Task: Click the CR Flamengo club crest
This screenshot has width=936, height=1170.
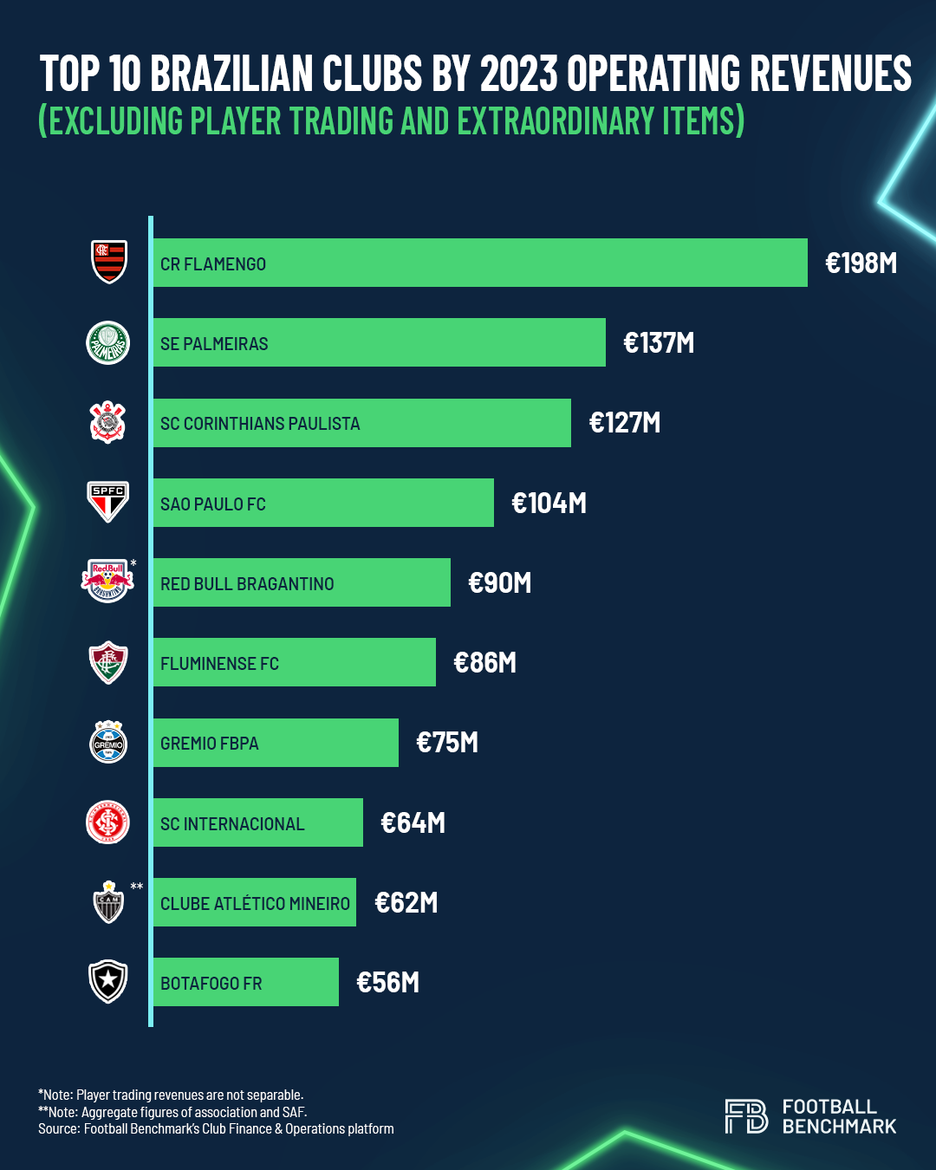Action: (109, 262)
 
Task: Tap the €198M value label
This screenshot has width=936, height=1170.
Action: (861, 263)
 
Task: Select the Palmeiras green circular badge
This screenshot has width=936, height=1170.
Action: (108, 342)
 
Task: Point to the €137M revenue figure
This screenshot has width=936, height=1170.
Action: (659, 343)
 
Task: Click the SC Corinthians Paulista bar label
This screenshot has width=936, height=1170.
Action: (260, 424)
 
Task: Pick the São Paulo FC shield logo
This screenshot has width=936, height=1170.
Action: (108, 502)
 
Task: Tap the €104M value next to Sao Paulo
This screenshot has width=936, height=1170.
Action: (549, 504)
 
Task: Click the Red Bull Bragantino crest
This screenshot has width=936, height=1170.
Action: (107, 582)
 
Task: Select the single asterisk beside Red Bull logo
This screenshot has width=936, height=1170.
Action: (133, 564)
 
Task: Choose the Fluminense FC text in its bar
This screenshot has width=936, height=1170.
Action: (219, 664)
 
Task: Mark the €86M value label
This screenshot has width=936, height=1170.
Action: (484, 663)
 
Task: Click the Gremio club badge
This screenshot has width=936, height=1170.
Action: (108, 742)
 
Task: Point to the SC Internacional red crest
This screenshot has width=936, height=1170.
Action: (108, 822)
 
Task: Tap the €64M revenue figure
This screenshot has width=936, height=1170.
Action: (413, 822)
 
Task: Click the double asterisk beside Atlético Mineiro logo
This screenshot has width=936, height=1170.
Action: (137, 887)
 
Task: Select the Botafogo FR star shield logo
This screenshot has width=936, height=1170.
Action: (108, 981)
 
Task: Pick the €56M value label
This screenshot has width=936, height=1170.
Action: (387, 983)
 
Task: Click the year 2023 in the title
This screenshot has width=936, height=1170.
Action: (518, 74)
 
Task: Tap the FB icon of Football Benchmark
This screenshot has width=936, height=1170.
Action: (746, 1116)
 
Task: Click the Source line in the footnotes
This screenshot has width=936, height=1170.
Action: (216, 1129)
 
